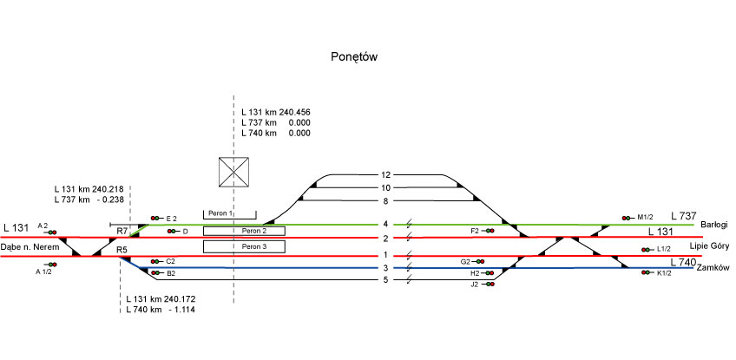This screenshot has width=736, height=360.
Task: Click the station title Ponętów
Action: tap(354, 57)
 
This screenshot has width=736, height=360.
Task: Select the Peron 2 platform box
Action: tap(244, 231)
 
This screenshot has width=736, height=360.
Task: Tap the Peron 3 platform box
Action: tap(244, 247)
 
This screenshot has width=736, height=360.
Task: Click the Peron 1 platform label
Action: tap(221, 213)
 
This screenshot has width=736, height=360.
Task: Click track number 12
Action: tap(386, 175)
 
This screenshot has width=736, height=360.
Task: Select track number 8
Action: tap(386, 200)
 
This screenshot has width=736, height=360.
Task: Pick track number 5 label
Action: tap(386, 279)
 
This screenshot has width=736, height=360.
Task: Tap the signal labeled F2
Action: tap(490, 231)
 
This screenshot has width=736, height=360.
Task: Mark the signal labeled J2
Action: tap(490, 284)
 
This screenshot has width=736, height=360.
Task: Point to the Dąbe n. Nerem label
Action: tap(30, 247)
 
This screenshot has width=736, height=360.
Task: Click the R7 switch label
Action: tap(122, 232)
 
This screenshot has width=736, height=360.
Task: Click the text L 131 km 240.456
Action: tap(276, 113)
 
